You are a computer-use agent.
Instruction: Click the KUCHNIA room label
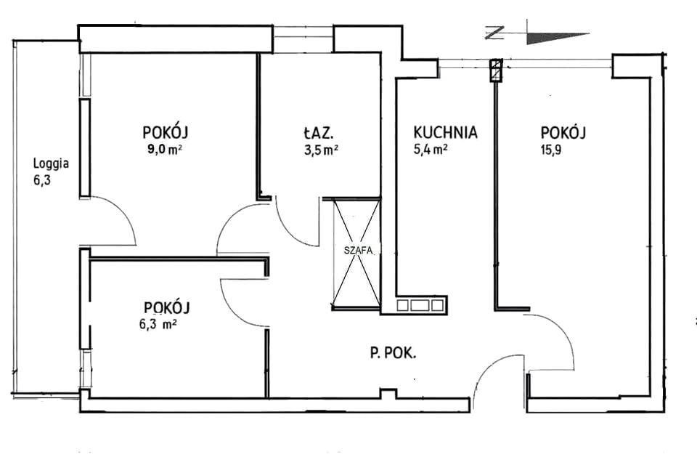(445, 133)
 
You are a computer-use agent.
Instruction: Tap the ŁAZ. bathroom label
(318, 133)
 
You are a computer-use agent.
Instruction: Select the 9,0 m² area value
(165, 150)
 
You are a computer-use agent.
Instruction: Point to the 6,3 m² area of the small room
(158, 324)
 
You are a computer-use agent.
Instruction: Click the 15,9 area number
(551, 150)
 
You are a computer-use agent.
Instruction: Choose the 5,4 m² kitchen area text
(431, 150)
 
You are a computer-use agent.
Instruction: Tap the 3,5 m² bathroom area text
(321, 150)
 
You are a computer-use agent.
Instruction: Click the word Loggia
(51, 164)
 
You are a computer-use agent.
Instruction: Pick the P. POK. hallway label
(393, 354)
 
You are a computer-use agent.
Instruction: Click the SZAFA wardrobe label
(358, 250)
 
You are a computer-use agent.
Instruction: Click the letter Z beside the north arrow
(494, 33)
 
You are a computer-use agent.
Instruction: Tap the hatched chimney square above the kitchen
(496, 71)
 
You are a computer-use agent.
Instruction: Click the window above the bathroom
(303, 39)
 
